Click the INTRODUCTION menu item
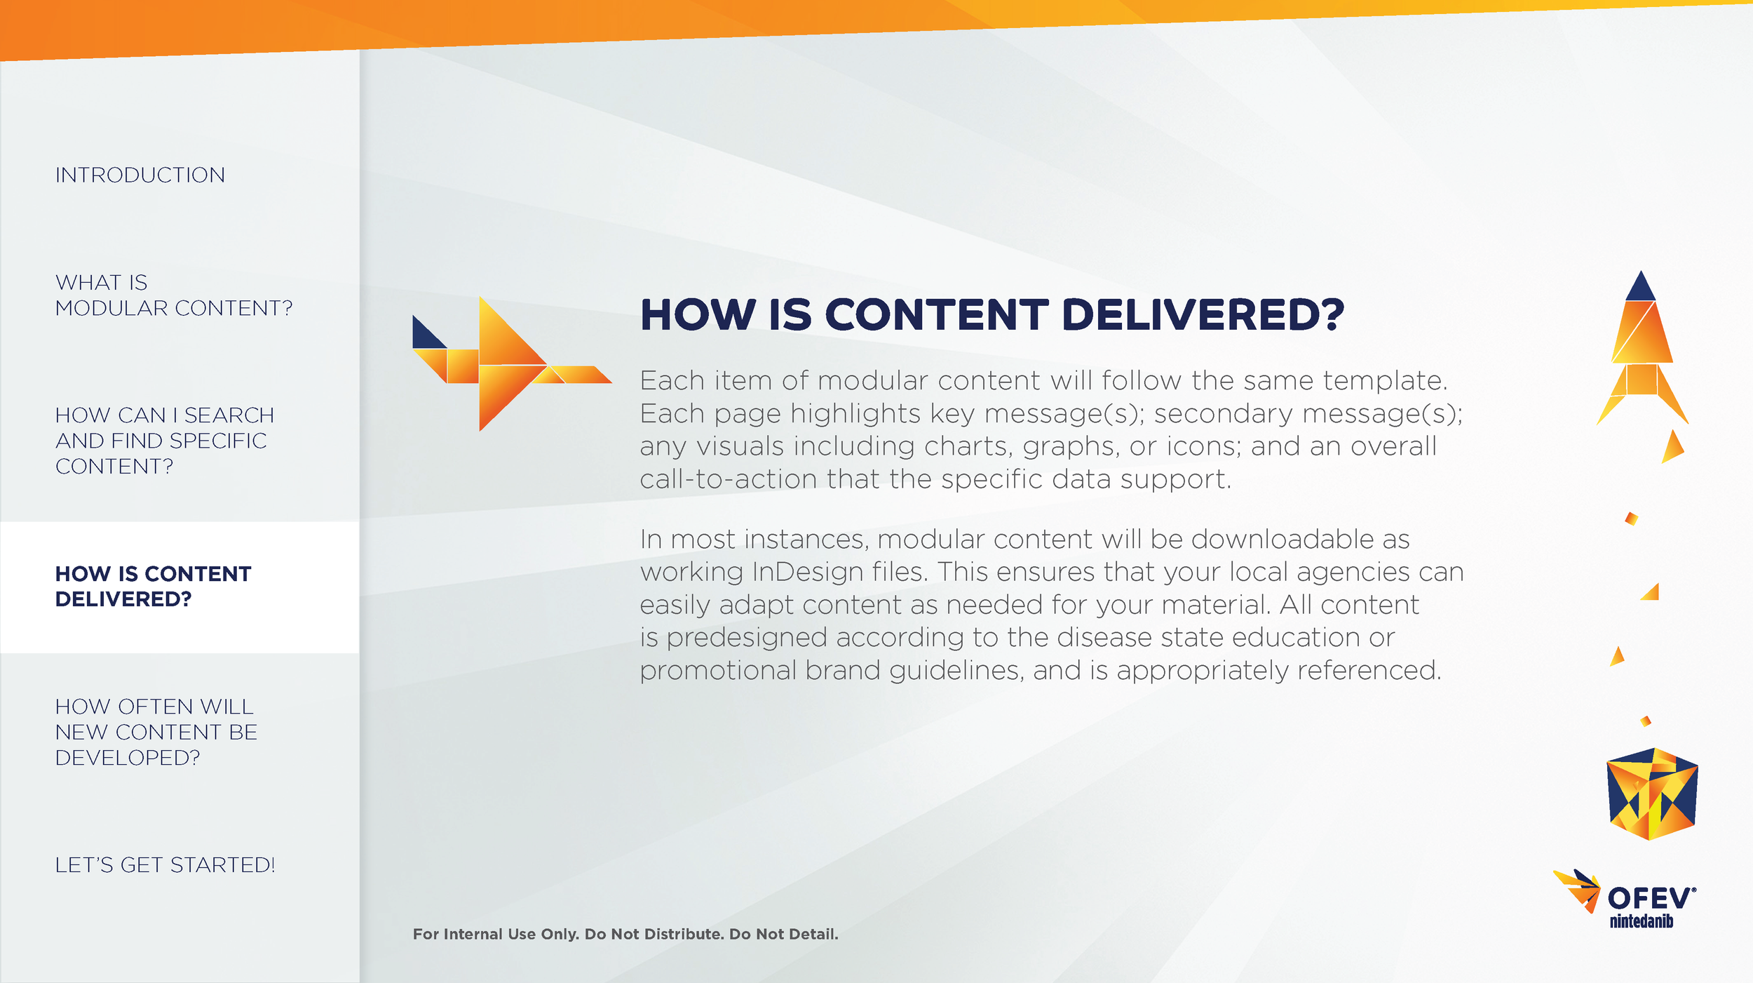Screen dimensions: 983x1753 (x=140, y=175)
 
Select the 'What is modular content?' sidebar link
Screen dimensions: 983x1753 (x=173, y=295)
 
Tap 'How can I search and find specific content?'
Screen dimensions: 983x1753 (x=164, y=441)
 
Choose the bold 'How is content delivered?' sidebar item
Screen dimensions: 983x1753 (x=153, y=587)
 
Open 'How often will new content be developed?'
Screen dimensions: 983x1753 (x=156, y=732)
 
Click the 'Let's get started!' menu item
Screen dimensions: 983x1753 (x=165, y=865)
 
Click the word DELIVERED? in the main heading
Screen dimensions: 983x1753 (x=1203, y=314)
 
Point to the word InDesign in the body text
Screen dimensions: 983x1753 (x=806, y=572)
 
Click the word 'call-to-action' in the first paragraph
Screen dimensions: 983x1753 (x=729, y=479)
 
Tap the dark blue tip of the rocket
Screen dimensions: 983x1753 (x=1640, y=288)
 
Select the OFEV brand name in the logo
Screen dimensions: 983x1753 (x=1650, y=898)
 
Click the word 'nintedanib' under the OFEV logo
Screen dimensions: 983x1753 (x=1641, y=921)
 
